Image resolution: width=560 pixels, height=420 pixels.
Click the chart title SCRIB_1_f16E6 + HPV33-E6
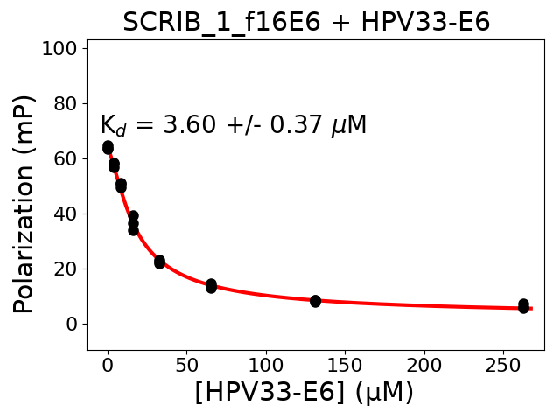305,22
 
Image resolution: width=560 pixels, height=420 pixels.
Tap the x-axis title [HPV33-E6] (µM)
304,392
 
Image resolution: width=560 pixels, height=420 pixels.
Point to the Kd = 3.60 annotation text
233,125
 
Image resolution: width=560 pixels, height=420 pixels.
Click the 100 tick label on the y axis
58,48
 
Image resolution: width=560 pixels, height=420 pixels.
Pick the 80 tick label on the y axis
64,103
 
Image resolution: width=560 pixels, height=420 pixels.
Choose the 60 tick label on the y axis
64,158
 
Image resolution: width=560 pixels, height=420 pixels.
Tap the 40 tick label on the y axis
64,213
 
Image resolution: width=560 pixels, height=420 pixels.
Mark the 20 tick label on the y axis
64,269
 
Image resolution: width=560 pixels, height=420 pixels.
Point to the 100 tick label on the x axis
266,363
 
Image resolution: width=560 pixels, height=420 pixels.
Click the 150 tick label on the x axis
345,363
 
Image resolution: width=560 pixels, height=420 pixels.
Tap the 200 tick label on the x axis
424,363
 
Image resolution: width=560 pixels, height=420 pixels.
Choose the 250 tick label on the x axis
503,363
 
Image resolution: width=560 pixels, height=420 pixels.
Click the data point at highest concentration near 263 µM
523,306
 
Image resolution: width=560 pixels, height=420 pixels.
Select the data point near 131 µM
315,301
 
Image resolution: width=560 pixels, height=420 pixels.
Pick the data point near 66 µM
211,286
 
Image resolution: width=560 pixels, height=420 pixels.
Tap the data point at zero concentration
108,147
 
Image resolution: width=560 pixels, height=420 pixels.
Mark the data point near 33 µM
159,262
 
